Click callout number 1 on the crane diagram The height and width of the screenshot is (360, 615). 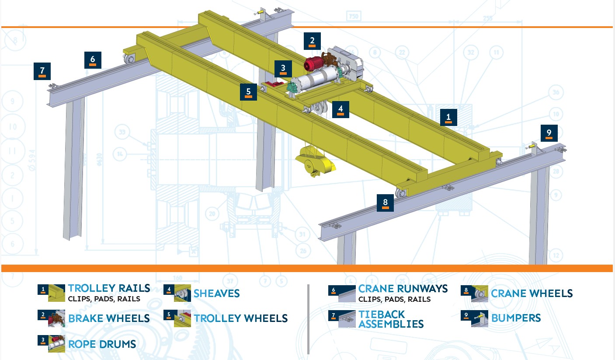pos(448,117)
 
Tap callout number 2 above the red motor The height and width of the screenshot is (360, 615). pos(312,41)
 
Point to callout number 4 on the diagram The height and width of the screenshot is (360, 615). pos(341,109)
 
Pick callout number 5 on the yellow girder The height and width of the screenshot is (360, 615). pos(248,92)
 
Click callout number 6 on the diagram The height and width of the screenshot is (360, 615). pos(93,59)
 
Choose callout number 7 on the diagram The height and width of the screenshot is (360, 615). pos(42,71)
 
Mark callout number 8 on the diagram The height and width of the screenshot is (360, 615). pos(385,203)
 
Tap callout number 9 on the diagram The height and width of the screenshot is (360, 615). pos(549,133)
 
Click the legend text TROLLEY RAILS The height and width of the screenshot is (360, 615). pos(109,289)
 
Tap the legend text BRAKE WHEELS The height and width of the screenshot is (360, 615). pos(109,318)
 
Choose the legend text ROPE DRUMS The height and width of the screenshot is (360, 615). pos(102,344)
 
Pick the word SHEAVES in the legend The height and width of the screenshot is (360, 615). pos(216,294)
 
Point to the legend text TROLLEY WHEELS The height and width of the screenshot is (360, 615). pos(241,318)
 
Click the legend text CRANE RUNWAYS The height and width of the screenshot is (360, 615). pos(403,289)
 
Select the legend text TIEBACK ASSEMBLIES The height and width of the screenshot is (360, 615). pos(391,319)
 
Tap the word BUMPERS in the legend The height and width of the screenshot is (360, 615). pos(516,318)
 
